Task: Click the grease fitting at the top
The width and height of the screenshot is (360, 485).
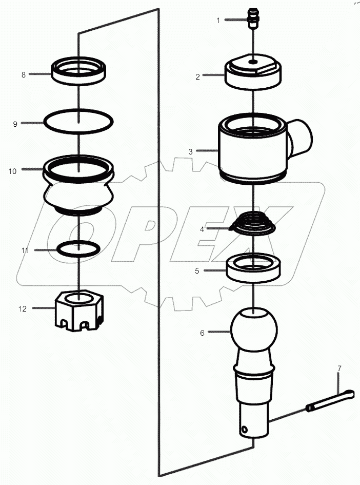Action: pyautogui.click(x=253, y=19)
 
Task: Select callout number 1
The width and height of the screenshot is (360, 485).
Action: pyautogui.click(x=218, y=21)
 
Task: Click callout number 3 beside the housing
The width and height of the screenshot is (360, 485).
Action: pyautogui.click(x=191, y=151)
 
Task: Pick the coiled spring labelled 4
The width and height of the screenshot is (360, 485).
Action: pyautogui.click(x=253, y=223)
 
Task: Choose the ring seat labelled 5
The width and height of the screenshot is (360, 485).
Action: pyautogui.click(x=253, y=268)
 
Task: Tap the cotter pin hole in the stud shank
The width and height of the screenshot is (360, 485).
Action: pyautogui.click(x=245, y=430)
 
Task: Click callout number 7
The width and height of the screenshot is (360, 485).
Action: pyautogui.click(x=339, y=368)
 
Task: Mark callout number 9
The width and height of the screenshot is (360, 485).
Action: pyautogui.click(x=15, y=124)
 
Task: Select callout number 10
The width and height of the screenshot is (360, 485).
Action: pyautogui.click(x=12, y=171)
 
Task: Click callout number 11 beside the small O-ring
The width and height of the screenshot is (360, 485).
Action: pyautogui.click(x=25, y=250)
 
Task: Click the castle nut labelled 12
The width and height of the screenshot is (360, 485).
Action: pyautogui.click(x=79, y=311)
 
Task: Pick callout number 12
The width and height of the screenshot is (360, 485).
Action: pyautogui.click(x=23, y=308)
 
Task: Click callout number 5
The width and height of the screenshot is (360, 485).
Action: pyautogui.click(x=197, y=271)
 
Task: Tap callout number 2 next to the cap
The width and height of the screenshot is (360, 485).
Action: pyautogui.click(x=198, y=76)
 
